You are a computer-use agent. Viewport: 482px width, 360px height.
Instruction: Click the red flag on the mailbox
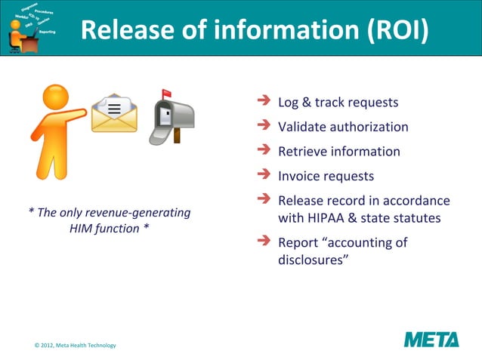click(x=165, y=95)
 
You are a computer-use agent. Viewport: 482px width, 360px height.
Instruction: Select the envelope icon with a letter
click(x=114, y=114)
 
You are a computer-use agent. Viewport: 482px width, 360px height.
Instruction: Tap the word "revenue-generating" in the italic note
click(x=141, y=212)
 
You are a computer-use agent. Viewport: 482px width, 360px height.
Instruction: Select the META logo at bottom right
click(x=431, y=339)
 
